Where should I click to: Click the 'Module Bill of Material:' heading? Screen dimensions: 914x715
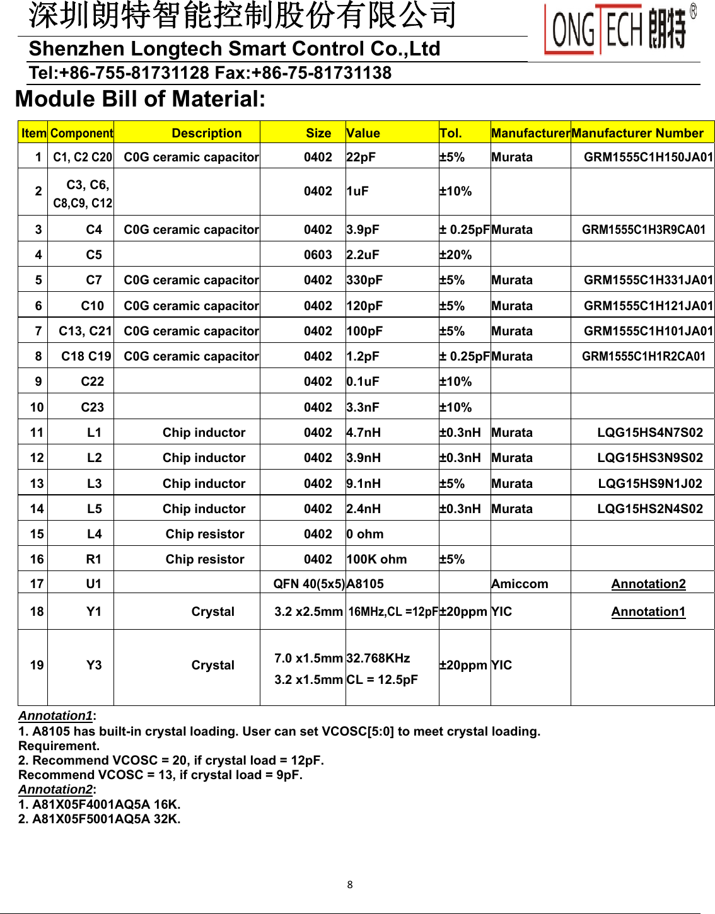click(140, 99)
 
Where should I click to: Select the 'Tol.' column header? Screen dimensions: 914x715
click(451, 133)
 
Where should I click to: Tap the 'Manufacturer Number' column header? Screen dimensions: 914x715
click(637, 133)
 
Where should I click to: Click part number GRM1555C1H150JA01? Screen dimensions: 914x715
click(648, 157)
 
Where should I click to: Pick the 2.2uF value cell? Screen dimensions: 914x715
click(363, 255)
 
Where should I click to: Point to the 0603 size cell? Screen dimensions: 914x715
click(318, 255)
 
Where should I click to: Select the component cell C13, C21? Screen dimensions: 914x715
click(85, 331)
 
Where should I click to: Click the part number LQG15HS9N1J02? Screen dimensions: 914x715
click(649, 483)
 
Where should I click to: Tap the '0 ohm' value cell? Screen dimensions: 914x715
click(365, 534)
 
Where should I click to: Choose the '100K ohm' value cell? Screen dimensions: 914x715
click(376, 559)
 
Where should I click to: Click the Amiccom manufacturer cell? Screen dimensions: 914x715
click(520, 584)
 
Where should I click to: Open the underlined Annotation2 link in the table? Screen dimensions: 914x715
click(648, 584)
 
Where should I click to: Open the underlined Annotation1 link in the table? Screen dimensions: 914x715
click(648, 611)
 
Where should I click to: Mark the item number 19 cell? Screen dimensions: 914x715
click(37, 665)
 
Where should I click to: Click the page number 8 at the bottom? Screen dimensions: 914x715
click(350, 884)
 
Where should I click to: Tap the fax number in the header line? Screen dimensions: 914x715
click(322, 73)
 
